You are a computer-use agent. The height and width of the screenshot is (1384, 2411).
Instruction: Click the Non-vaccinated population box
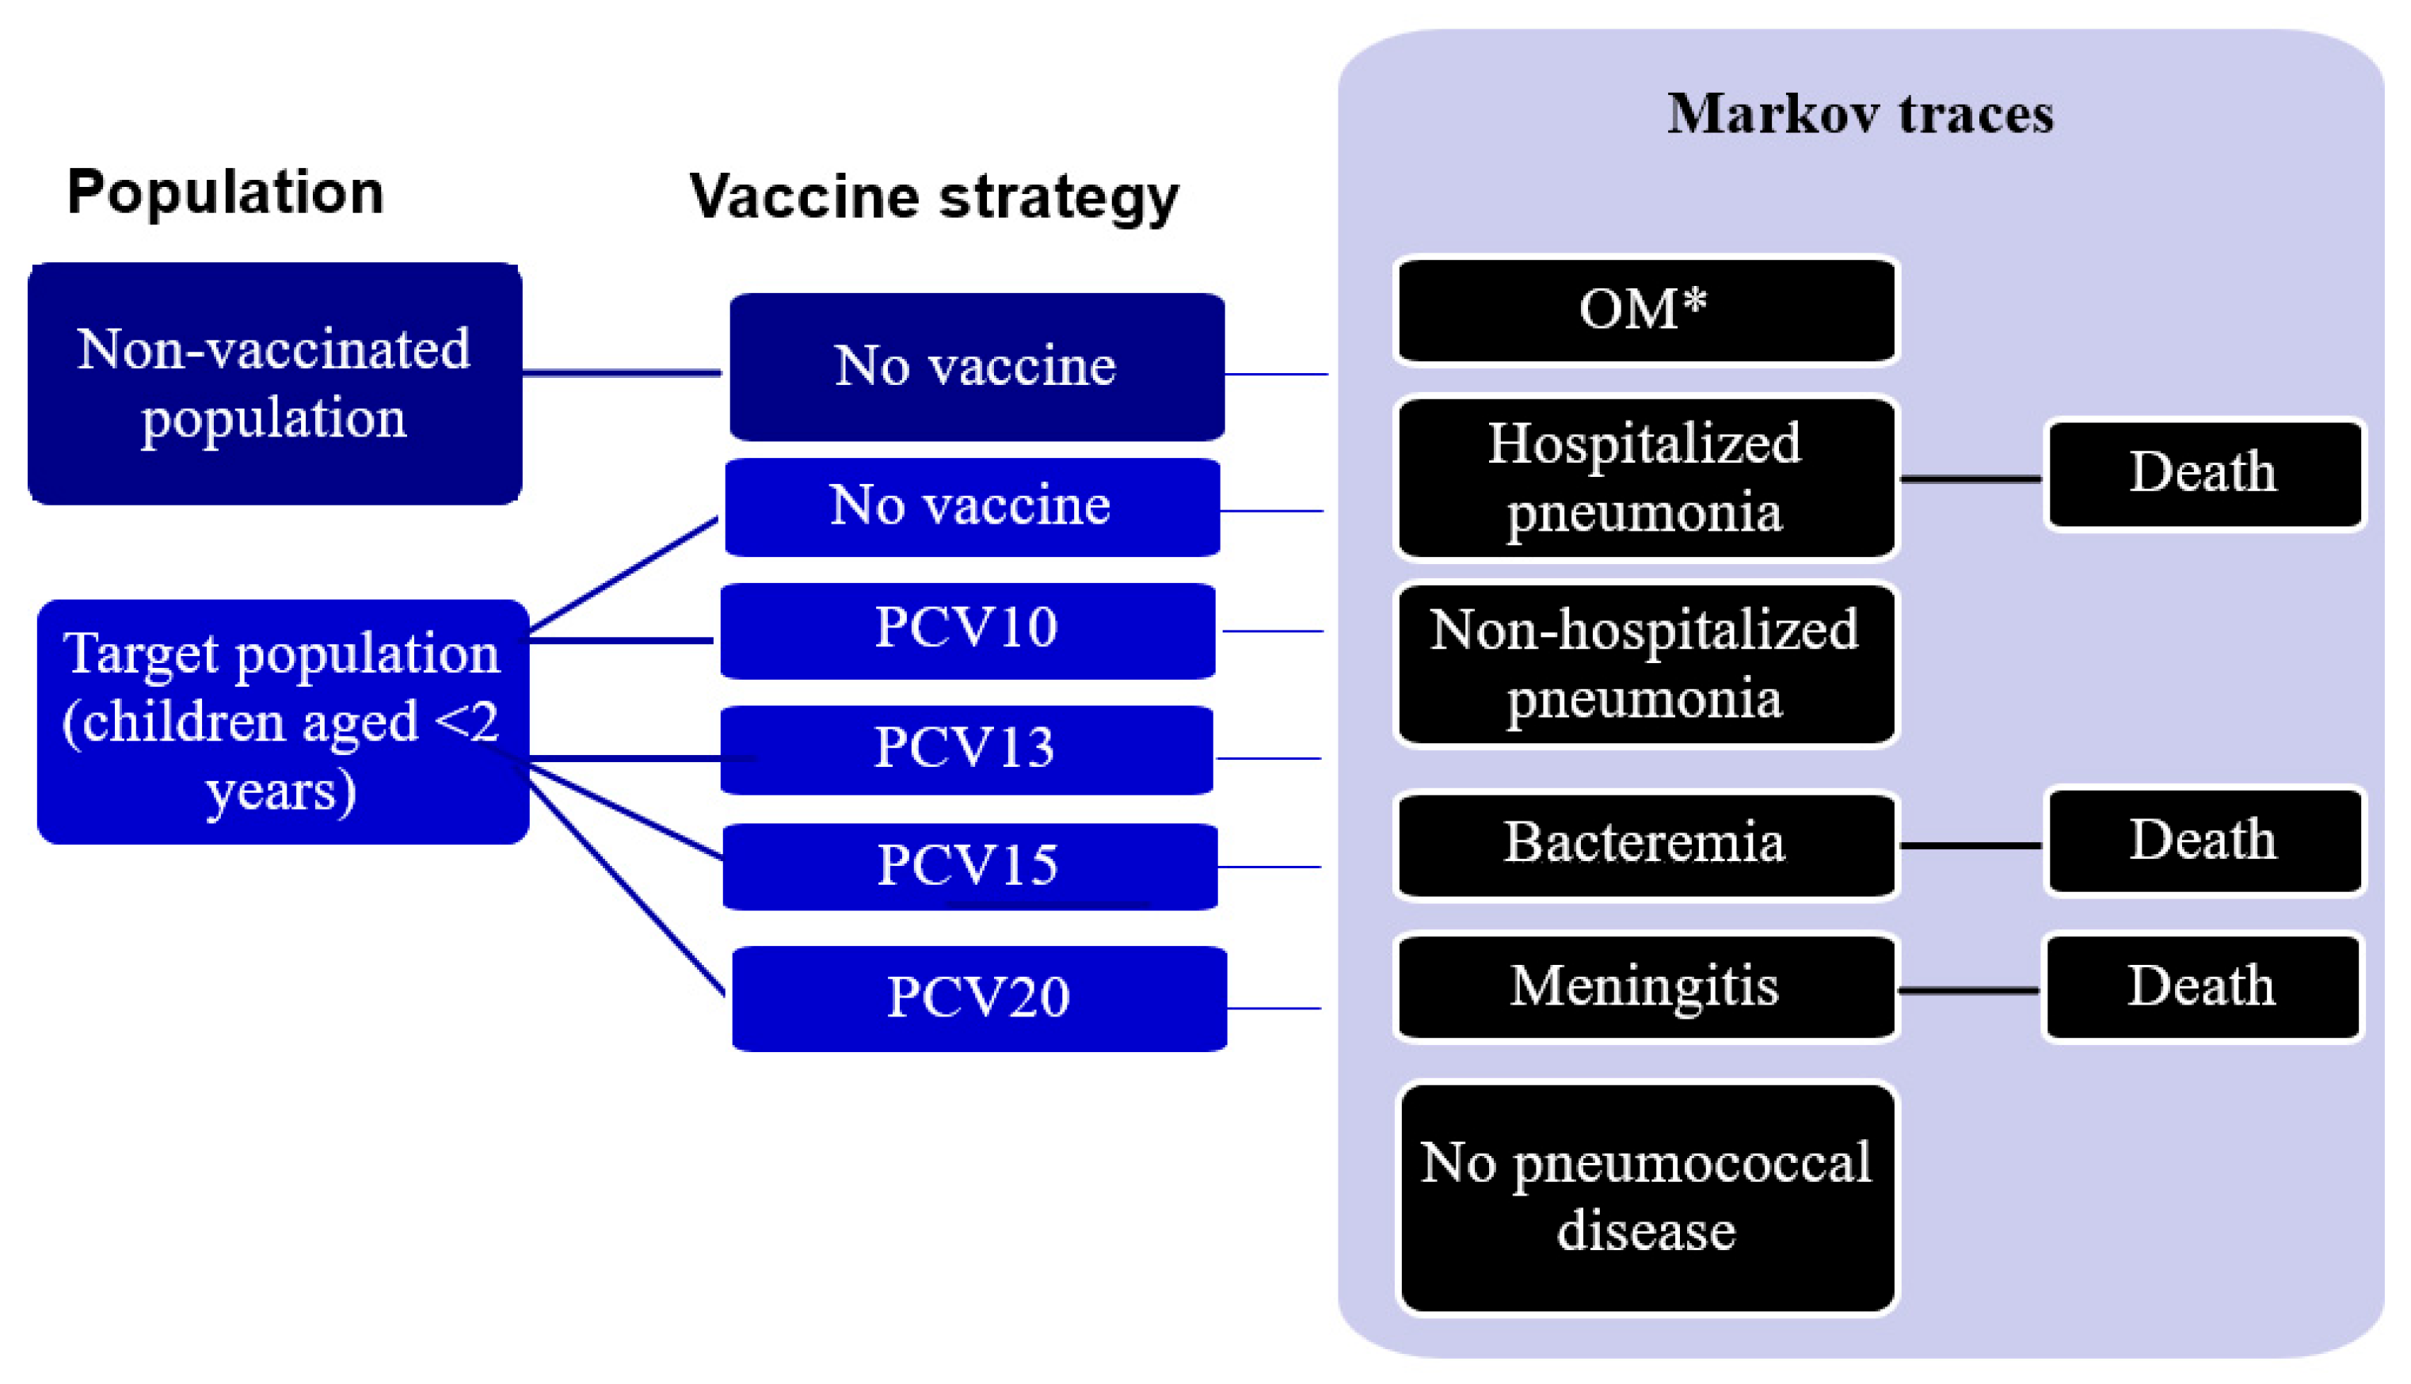pyautogui.click(x=275, y=383)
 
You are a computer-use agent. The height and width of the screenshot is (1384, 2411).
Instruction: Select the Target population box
pyautogui.click(x=282, y=722)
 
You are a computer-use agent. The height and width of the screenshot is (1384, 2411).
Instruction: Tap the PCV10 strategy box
pyautogui.click(x=967, y=631)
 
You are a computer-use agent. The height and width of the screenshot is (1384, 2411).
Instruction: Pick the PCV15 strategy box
pyautogui.click(x=969, y=866)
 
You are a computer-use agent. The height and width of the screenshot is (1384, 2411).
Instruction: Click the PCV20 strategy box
pyautogui.click(x=979, y=998)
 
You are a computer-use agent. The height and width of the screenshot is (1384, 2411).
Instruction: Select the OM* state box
pyautogui.click(x=1645, y=310)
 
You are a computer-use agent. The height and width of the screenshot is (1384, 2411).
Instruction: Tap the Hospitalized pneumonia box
pyautogui.click(x=1645, y=477)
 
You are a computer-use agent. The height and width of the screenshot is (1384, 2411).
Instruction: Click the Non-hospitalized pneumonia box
pyautogui.click(x=1645, y=664)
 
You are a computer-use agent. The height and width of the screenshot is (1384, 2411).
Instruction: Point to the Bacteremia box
pyautogui.click(x=1645, y=844)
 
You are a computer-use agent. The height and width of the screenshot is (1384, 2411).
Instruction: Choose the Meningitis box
pyautogui.click(x=1645, y=986)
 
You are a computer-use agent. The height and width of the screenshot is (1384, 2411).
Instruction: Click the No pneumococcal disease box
pyautogui.click(x=1647, y=1198)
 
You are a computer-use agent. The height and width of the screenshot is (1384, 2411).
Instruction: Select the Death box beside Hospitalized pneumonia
pyautogui.click(x=2203, y=474)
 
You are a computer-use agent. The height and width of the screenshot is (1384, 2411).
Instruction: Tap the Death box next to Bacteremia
pyautogui.click(x=2203, y=841)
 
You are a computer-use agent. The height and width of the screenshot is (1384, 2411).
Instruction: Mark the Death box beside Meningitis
pyautogui.click(x=2202, y=986)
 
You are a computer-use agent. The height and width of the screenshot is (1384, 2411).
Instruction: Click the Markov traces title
pyautogui.click(x=1860, y=114)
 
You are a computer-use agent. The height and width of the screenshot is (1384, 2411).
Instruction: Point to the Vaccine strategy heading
pyautogui.click(x=934, y=196)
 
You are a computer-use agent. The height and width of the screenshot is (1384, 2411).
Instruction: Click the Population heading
pyautogui.click(x=225, y=192)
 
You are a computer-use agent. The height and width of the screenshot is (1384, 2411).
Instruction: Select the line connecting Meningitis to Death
pyautogui.click(x=1969, y=990)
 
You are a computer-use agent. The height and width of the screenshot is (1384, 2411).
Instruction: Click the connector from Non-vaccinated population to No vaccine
pyautogui.click(x=623, y=372)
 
